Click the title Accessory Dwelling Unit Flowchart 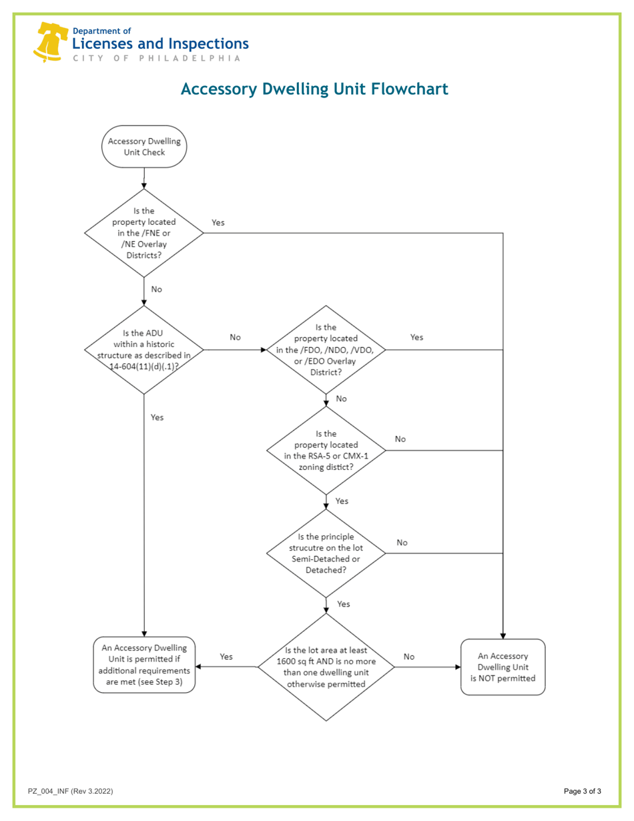point(314,89)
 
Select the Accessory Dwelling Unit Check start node point(144,147)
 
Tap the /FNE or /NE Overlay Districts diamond point(144,233)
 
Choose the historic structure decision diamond point(144,349)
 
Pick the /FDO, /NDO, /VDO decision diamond point(326,350)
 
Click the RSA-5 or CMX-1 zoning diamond point(326,451)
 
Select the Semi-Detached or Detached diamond point(326,553)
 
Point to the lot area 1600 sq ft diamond point(326,667)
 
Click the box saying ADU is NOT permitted point(503,667)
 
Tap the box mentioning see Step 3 point(144,665)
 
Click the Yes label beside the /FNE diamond point(218,222)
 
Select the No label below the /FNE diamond point(157,290)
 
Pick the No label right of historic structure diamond point(235,338)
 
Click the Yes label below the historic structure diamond point(157,417)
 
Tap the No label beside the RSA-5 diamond point(400,439)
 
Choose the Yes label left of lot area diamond point(226,657)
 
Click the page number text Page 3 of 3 point(582,792)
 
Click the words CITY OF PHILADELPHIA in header point(151,58)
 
